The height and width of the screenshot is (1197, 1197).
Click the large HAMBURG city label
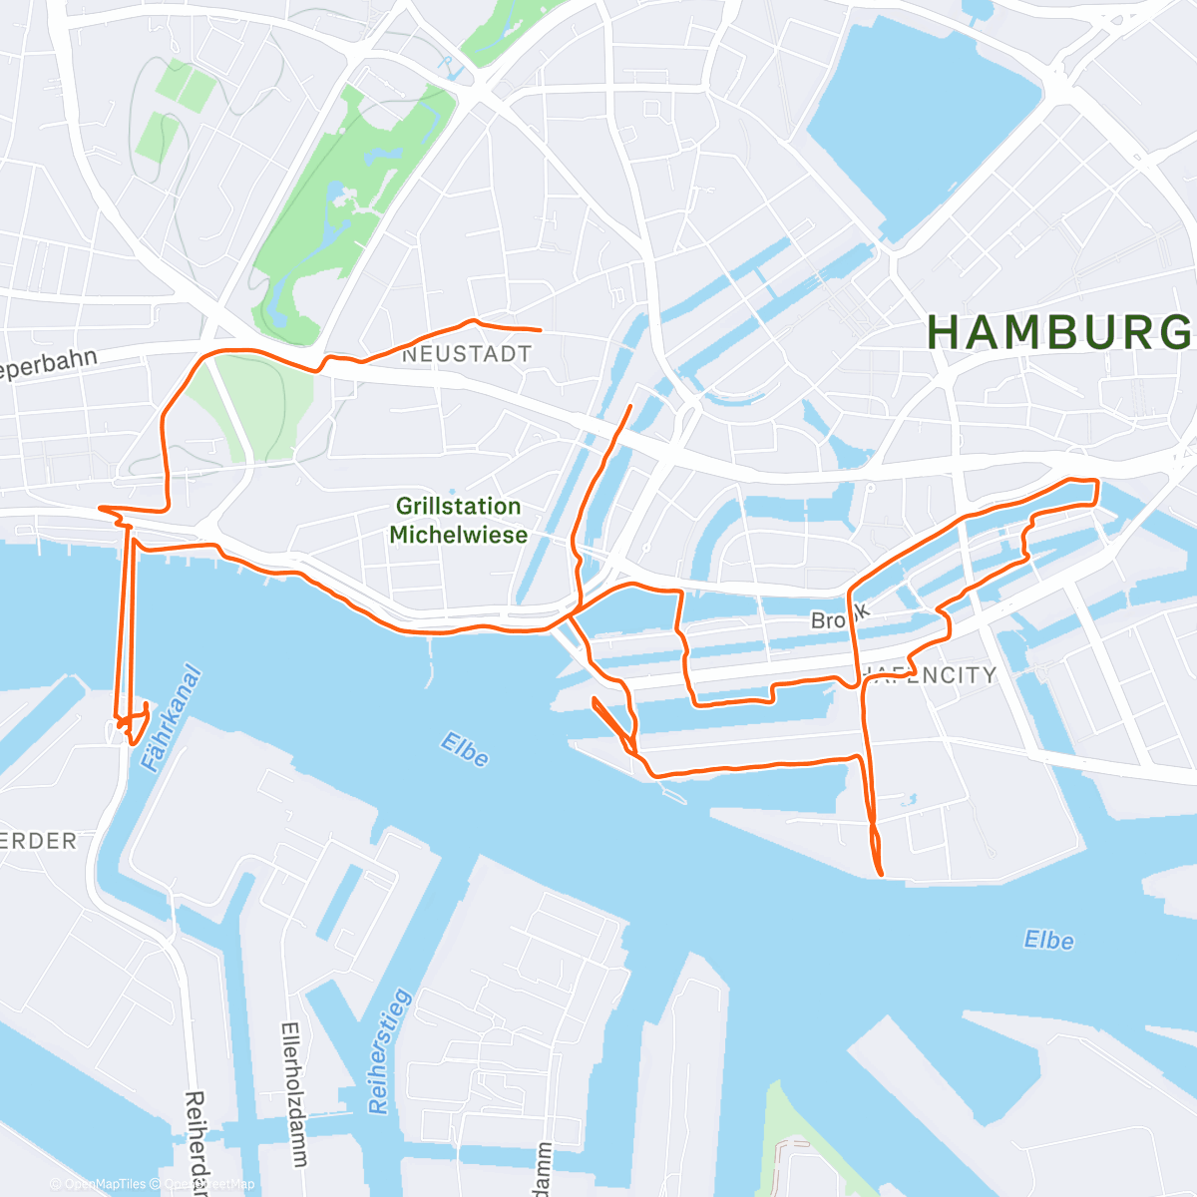point(1059,332)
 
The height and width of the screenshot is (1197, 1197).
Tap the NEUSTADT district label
point(466,354)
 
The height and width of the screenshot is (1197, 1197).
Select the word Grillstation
point(458,507)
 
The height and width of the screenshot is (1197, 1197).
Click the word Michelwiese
point(458,535)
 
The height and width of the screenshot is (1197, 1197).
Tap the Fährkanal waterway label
point(171,718)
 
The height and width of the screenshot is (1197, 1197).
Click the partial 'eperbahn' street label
point(48,365)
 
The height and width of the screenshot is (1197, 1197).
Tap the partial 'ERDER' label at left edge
point(38,841)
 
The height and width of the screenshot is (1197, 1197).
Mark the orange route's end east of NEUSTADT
point(540,329)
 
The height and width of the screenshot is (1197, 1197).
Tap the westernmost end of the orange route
point(100,508)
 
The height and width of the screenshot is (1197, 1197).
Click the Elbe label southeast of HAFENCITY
point(1048,940)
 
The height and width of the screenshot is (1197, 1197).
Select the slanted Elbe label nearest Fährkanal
point(465,750)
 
